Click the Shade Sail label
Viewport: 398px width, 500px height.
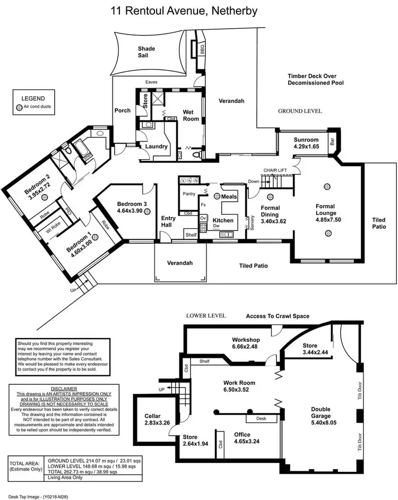pos(146,53)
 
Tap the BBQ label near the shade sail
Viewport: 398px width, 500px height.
pos(202,49)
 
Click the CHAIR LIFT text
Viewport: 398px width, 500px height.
pos(275,170)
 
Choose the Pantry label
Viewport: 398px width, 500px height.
pos(189,194)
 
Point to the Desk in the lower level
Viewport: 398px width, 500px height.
pos(261,418)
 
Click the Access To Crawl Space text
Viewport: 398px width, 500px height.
pos(278,316)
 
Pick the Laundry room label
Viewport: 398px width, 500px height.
pos(157,146)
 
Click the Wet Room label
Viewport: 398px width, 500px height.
pos(191,115)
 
